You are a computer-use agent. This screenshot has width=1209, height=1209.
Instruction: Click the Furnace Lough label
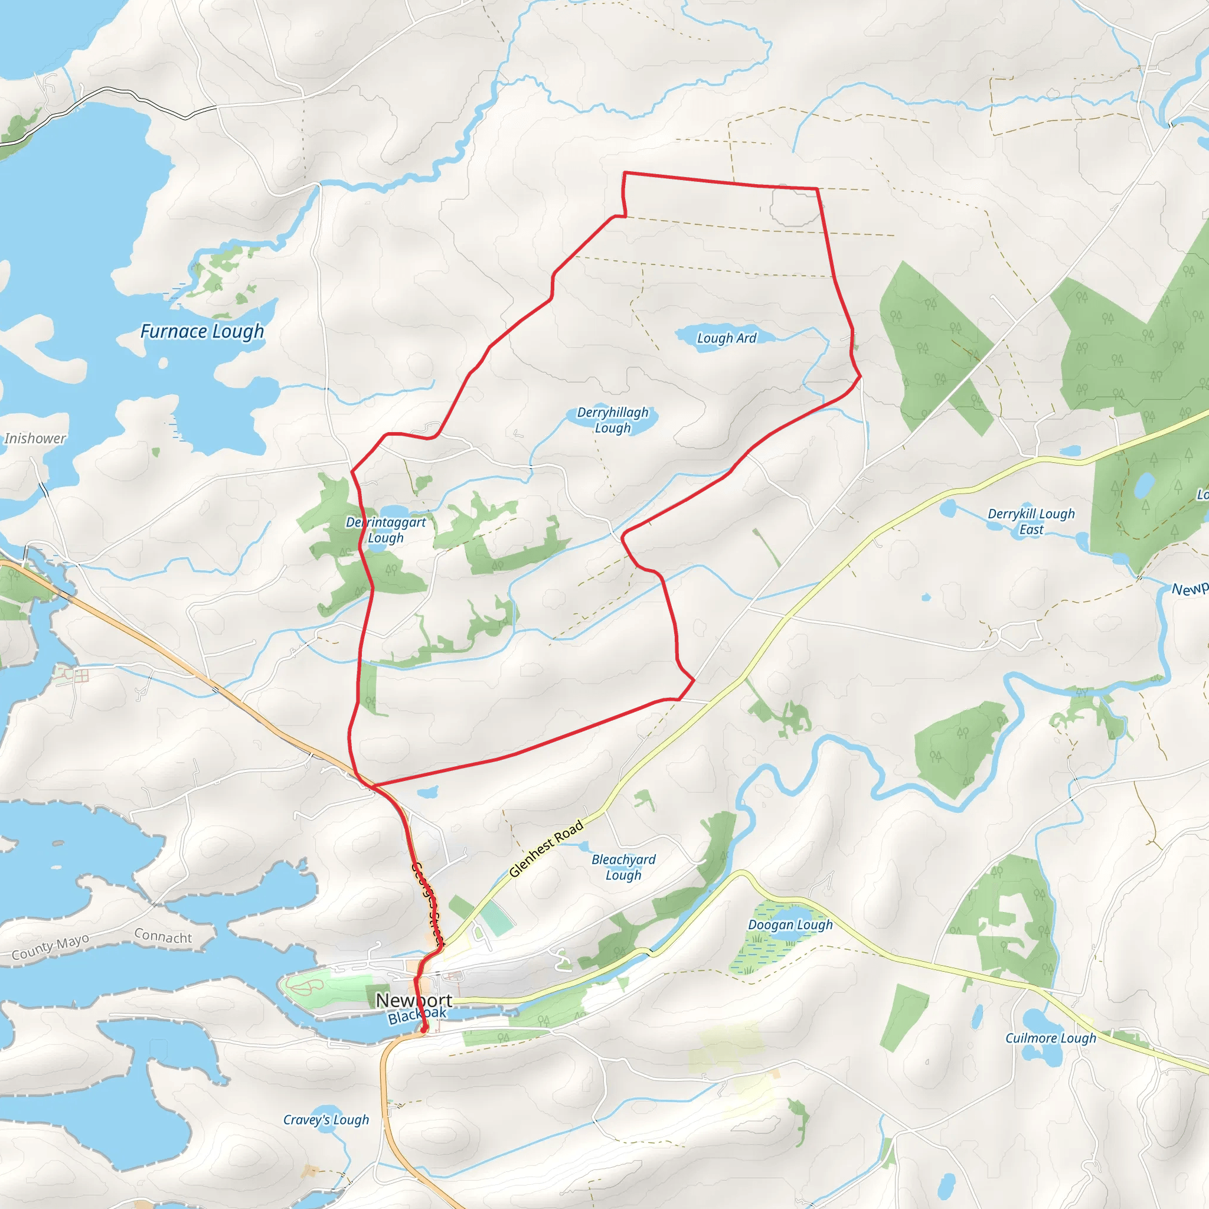pyautogui.click(x=201, y=331)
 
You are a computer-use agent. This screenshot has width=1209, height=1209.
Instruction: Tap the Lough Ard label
pyautogui.click(x=727, y=338)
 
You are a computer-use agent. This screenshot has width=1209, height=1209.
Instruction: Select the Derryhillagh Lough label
pyautogui.click(x=613, y=420)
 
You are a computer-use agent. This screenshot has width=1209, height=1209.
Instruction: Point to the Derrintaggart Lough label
pyautogui.click(x=385, y=530)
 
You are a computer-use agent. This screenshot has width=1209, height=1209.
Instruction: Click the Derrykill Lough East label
pyautogui.click(x=1031, y=521)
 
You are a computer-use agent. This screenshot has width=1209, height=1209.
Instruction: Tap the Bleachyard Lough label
pyautogui.click(x=623, y=867)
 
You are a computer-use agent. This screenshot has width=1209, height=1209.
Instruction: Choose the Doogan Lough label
pyautogui.click(x=790, y=924)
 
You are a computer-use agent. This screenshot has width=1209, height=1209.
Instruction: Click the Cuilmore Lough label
pyautogui.click(x=1051, y=1038)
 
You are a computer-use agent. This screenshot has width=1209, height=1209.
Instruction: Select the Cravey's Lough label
pyautogui.click(x=325, y=1119)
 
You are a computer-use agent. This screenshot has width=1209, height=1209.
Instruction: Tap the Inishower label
pyautogui.click(x=34, y=438)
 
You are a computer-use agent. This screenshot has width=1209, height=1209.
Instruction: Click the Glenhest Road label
pyautogui.click(x=545, y=848)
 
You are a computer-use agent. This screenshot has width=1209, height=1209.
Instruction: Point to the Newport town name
pyautogui.click(x=414, y=1000)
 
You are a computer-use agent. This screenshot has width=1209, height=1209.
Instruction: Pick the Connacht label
pyautogui.click(x=163, y=936)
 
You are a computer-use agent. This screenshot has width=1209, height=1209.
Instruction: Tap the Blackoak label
pyautogui.click(x=417, y=1015)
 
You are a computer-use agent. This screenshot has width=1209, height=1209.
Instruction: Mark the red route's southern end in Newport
pyautogui.click(x=424, y=1030)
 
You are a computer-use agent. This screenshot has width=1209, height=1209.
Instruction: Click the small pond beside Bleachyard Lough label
pyautogui.click(x=584, y=847)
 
